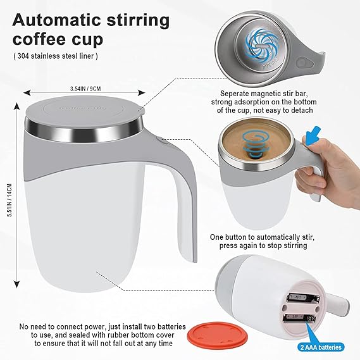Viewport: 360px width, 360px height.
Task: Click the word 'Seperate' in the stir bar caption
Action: (232, 93)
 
